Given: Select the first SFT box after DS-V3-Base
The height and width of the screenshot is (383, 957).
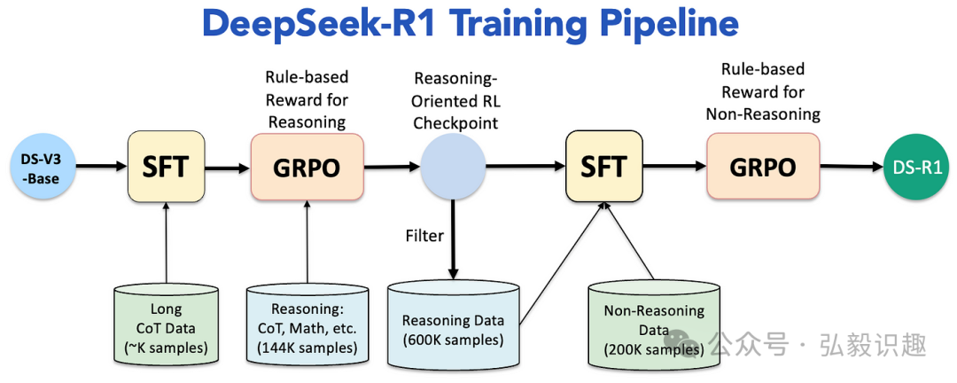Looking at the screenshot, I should tap(167, 166).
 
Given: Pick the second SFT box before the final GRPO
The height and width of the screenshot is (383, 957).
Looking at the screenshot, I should tap(603, 166).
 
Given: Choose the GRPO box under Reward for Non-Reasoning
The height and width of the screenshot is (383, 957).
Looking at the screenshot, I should tap(762, 167).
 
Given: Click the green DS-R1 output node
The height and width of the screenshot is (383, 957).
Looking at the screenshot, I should tap(915, 167).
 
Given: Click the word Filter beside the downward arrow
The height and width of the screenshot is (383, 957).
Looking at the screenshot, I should tap(424, 237).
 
